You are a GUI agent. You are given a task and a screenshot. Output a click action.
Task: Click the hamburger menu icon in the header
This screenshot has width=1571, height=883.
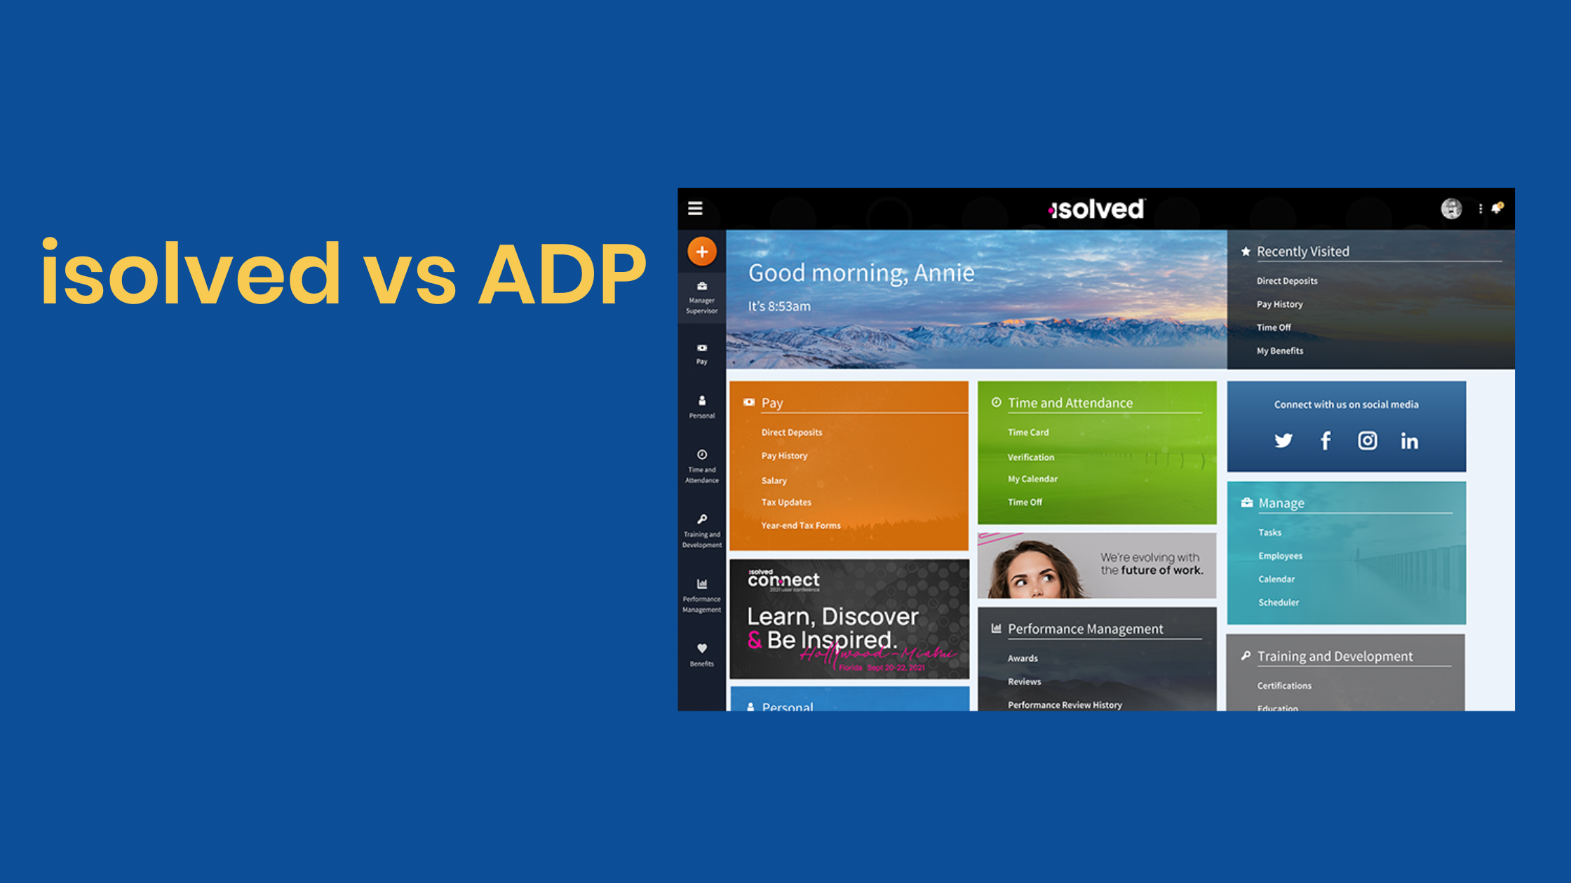pyautogui.click(x=695, y=209)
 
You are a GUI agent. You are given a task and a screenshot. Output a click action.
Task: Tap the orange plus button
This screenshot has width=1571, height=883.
pyautogui.click(x=701, y=252)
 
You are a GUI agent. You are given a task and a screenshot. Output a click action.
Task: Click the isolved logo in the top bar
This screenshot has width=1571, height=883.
pyautogui.click(x=1096, y=209)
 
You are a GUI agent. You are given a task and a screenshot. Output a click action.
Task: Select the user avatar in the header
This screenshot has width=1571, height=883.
pyautogui.click(x=1451, y=208)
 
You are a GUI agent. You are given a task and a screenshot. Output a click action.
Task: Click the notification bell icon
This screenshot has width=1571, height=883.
pyautogui.click(x=1497, y=208)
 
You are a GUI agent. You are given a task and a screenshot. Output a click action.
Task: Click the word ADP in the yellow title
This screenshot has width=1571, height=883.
pyautogui.click(x=561, y=275)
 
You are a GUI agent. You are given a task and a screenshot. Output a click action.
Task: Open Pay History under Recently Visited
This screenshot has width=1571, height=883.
pyautogui.click(x=1279, y=304)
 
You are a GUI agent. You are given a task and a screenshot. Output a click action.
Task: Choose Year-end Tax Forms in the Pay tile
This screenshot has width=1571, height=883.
pyautogui.click(x=800, y=526)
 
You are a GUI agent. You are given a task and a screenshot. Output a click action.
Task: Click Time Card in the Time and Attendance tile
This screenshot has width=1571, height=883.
pyautogui.click(x=1028, y=432)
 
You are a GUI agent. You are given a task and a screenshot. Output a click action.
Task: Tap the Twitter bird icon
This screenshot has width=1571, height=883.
pyautogui.click(x=1283, y=441)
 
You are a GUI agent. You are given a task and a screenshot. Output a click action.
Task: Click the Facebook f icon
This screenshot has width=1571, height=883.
pyautogui.click(x=1326, y=441)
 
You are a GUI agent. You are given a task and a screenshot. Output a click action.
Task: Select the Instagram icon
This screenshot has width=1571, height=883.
pyautogui.click(x=1367, y=441)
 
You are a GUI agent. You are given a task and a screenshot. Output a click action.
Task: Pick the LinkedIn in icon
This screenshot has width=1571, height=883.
pyautogui.click(x=1409, y=441)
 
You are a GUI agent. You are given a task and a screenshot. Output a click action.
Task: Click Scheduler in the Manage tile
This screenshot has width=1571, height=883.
pyautogui.click(x=1278, y=603)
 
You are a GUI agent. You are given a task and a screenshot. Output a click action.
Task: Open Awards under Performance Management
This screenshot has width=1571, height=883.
pyautogui.click(x=1023, y=659)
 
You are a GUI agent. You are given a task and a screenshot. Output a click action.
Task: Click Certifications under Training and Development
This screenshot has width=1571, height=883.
pyautogui.click(x=1283, y=686)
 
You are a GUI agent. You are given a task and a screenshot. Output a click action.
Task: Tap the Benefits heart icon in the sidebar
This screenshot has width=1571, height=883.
pyautogui.click(x=701, y=649)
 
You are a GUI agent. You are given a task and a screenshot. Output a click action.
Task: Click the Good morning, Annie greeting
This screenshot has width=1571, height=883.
pyautogui.click(x=861, y=273)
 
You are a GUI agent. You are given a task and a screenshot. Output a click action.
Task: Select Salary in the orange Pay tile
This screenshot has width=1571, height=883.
pyautogui.click(x=774, y=481)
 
